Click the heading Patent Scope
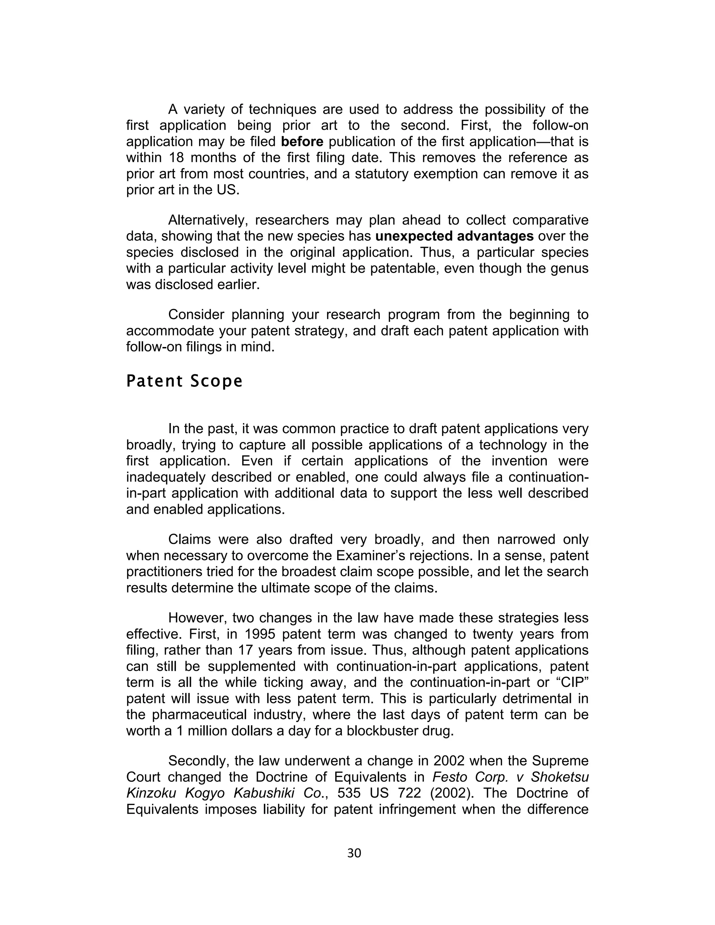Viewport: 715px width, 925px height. [184, 381]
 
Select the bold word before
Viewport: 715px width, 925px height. [302, 141]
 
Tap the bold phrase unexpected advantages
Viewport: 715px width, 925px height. [454, 236]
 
